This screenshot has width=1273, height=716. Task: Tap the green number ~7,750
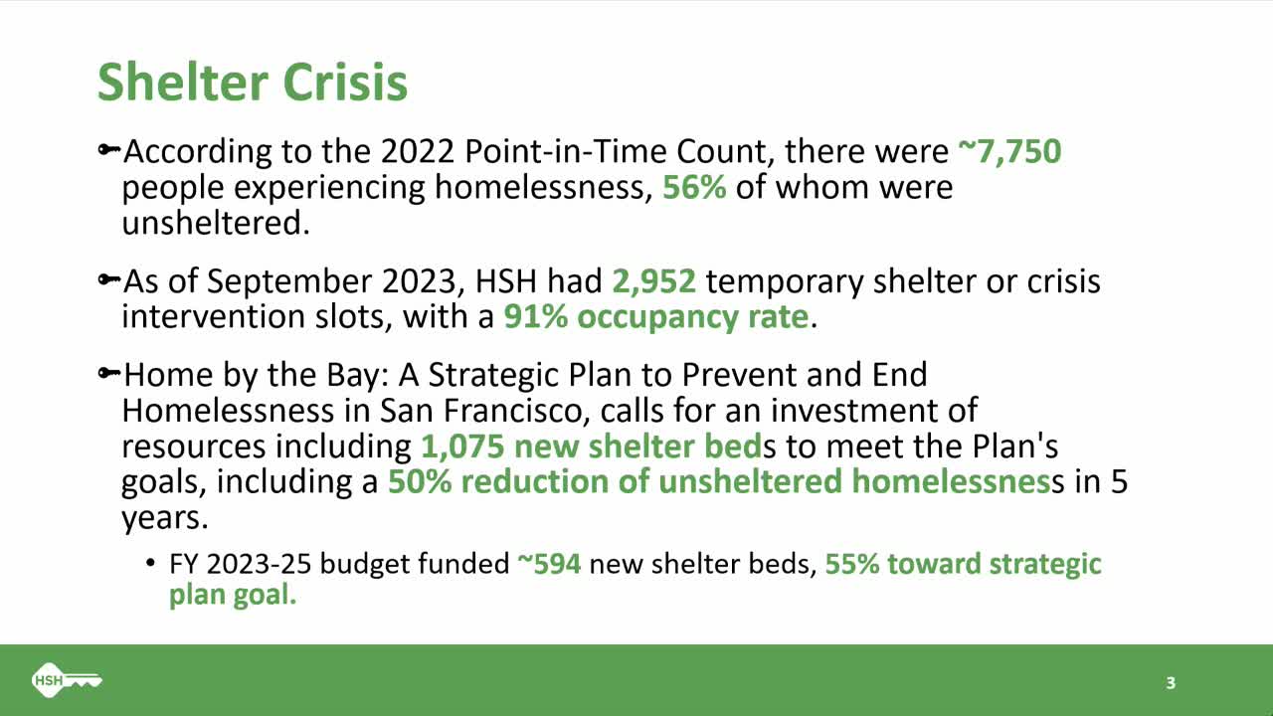pos(1009,152)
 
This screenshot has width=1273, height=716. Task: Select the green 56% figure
pos(694,187)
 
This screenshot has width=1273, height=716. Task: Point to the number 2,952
pos(653,282)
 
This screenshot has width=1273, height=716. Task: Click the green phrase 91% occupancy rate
pos(655,317)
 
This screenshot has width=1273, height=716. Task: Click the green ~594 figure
pos(548,565)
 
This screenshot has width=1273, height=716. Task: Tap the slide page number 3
pos(1171,683)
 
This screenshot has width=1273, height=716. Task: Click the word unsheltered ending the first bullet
pos(216,222)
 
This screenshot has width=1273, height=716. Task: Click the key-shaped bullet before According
pos(108,151)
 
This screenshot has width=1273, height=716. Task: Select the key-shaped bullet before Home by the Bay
pos(108,375)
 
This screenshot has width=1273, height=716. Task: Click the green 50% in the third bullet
pos(420,481)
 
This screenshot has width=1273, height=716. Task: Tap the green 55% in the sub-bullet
pos(852,565)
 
